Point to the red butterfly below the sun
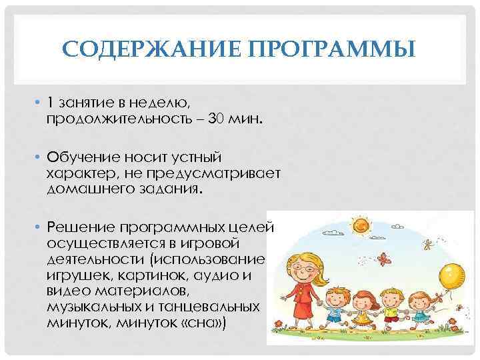point(384,257)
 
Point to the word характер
point(79,173)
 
